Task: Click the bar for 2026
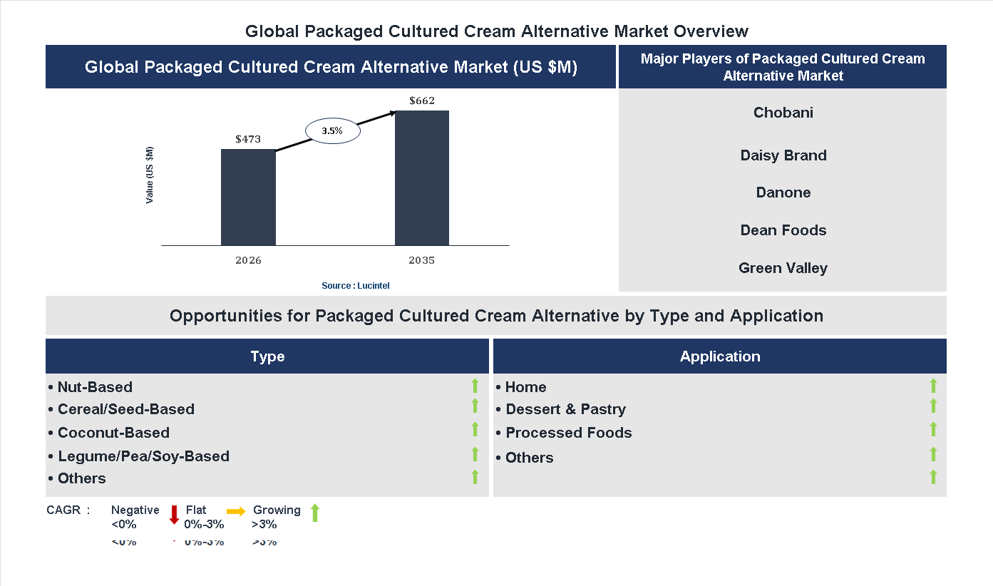pos(248,197)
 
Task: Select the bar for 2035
pos(422,178)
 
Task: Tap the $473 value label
pos(248,139)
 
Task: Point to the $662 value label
pos(422,101)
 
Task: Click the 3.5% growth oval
pos(333,131)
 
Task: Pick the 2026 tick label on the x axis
pos(248,260)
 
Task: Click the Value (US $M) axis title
pos(150,175)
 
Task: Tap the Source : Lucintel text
pos(356,286)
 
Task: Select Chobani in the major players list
pos(783,113)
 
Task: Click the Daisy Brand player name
pos(783,155)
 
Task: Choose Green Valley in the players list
pos(783,268)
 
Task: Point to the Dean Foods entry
pos(783,230)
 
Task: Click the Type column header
pos(267,356)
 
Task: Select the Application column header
pos(720,356)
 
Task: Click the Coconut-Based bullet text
pos(113,433)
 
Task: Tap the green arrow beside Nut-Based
pos(475,386)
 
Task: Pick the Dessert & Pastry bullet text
pos(565,409)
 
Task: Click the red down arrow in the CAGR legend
pos(174,515)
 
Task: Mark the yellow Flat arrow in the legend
pos(236,511)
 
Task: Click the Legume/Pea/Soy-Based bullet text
pos(143,456)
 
